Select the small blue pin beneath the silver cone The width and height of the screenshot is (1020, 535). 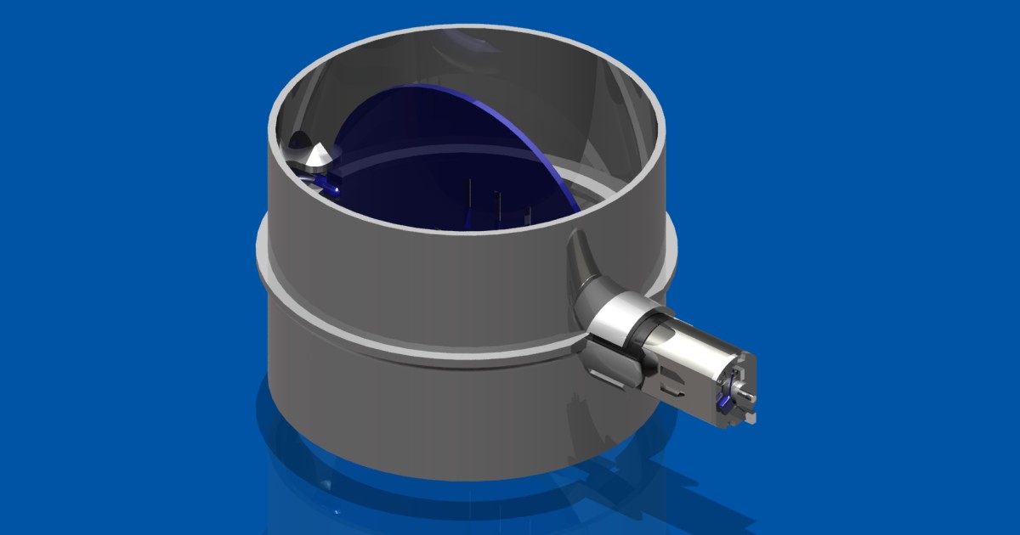326,182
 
